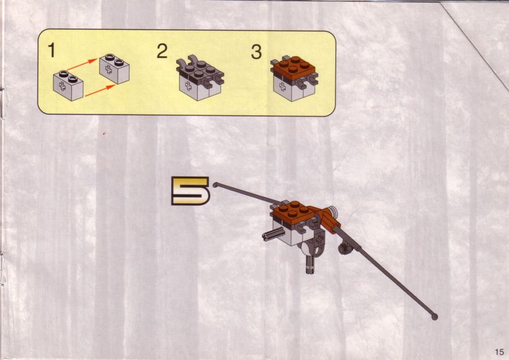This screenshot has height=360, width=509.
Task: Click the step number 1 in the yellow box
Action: click(x=51, y=51)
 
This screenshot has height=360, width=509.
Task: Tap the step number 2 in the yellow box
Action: click(x=162, y=51)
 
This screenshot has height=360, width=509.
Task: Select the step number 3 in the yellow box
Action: click(x=256, y=52)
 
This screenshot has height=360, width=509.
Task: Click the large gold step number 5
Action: click(x=190, y=191)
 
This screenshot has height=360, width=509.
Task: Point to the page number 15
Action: click(x=500, y=351)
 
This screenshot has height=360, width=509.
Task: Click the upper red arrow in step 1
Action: click(x=82, y=64)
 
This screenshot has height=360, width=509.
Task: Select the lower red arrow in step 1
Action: click(x=100, y=90)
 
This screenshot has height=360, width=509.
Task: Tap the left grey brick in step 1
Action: click(x=68, y=86)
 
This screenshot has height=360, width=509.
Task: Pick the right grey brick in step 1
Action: click(x=114, y=69)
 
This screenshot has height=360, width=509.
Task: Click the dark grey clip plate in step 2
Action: click(x=200, y=72)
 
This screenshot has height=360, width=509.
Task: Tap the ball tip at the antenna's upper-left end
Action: click(x=215, y=185)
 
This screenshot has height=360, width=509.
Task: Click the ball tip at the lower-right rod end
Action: click(x=435, y=317)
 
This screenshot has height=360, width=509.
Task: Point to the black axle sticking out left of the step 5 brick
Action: click(x=273, y=234)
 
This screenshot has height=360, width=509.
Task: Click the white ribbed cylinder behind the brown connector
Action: click(x=332, y=211)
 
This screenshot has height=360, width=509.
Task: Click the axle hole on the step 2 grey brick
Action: click(x=188, y=86)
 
